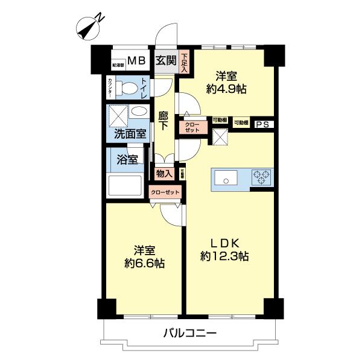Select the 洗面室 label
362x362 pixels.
pos(127,135)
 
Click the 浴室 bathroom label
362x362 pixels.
pos(127,160)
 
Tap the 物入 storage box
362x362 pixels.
pos(165,173)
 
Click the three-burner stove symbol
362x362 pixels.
pos(261,177)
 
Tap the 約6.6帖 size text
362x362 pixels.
pos(144,264)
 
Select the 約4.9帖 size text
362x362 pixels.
pos(227,88)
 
